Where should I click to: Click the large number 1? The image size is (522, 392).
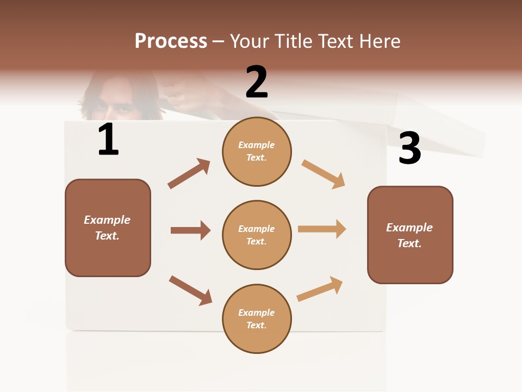point(108,139)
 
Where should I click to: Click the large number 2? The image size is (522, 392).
point(257,82)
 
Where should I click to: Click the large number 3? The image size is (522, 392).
point(409,148)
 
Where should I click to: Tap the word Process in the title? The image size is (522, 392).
point(171,41)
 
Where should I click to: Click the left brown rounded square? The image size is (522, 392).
point(108,228)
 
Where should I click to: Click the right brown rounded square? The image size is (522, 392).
point(410,235)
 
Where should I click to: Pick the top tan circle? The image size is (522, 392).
point(257,151)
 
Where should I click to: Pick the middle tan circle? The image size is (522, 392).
point(257,235)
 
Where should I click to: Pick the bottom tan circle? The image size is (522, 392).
point(257,318)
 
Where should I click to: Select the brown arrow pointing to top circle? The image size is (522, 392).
point(189,174)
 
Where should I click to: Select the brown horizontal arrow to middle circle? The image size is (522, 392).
point(190,230)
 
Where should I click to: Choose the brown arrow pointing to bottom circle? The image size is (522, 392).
point(190,290)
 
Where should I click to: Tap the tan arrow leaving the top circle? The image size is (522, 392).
point(324,174)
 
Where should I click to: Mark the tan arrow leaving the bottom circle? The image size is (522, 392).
point(320,289)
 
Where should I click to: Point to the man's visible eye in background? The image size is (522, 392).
point(125,108)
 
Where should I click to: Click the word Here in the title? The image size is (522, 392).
point(380,41)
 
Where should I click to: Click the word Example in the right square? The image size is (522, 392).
point(409,228)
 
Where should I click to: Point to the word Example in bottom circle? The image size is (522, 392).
point(257,313)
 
